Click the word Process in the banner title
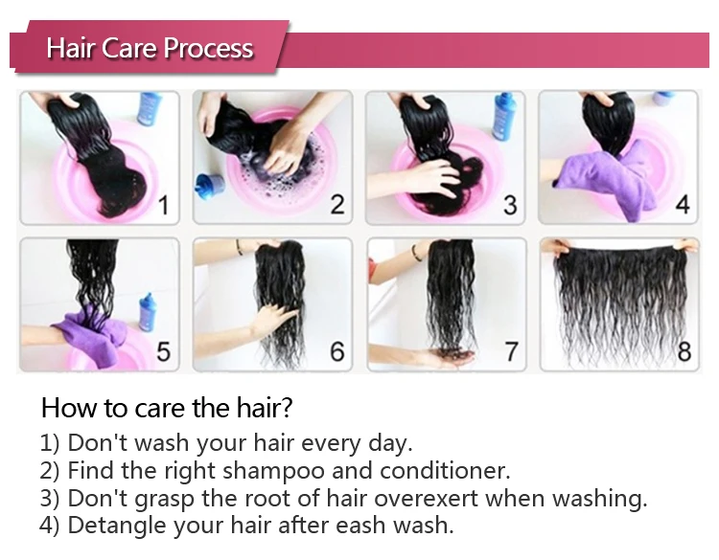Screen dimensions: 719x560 (x=208, y=48)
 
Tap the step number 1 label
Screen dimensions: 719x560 (x=165, y=205)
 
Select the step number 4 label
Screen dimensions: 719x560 (x=683, y=204)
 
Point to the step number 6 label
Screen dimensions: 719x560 (x=337, y=351)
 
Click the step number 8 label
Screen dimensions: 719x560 (x=684, y=351)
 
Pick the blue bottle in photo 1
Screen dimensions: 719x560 (x=149, y=108)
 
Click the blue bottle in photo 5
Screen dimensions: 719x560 (x=148, y=312)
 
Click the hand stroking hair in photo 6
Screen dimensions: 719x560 (x=274, y=320)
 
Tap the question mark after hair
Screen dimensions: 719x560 (x=287, y=408)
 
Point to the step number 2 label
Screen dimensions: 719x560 (x=337, y=205)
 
